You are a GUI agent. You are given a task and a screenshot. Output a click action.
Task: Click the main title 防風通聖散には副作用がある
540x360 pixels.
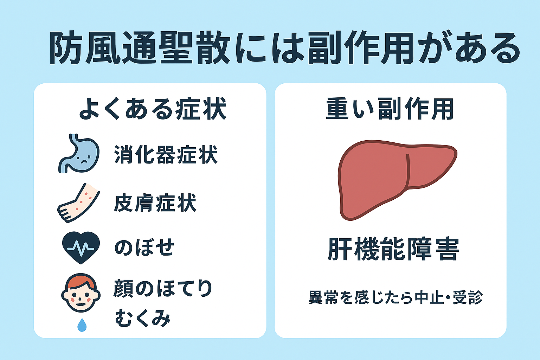tap(284, 48)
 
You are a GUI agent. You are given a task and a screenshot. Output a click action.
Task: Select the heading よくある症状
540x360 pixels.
tap(153, 109)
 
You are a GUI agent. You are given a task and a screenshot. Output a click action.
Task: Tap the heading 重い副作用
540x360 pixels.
tap(390, 109)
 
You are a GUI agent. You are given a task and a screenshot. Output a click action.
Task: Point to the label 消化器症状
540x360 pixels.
tap(166, 155)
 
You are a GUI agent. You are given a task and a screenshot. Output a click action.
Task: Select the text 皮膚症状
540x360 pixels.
tap(155, 203)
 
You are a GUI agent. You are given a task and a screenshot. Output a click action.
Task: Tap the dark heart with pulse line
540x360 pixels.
tap(81, 247)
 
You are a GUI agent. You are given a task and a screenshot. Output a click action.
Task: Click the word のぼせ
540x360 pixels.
tap(144, 247)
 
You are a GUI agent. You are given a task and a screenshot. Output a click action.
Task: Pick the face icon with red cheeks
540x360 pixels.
tap(81, 293)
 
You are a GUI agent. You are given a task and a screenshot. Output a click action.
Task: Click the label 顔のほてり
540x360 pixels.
tap(163, 288)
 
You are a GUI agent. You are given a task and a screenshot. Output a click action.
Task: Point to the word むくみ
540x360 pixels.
tap(143, 318)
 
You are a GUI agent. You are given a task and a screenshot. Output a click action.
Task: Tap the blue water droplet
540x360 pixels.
tap(82, 325)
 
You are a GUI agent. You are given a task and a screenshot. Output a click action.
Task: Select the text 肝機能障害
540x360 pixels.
tap(393, 249)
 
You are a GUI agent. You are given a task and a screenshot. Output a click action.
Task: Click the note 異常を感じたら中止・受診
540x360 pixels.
tap(396, 298)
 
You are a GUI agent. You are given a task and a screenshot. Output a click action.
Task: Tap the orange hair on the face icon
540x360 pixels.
tap(81, 281)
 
